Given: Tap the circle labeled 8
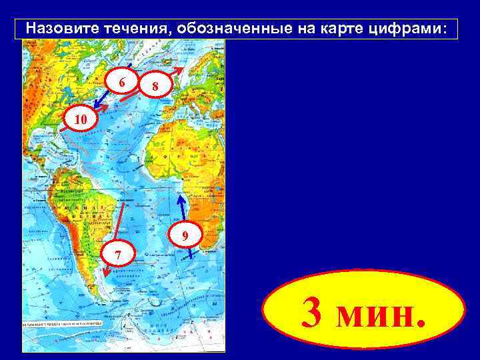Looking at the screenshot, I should [x=154, y=85].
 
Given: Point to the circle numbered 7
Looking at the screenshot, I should [x=117, y=253].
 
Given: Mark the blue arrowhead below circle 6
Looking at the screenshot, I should [x=95, y=106].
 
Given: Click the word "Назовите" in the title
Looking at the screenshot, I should [x=57, y=29].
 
